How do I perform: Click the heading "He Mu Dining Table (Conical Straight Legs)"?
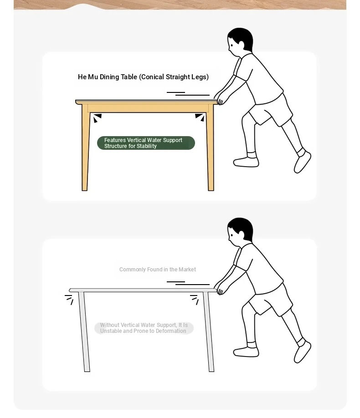point(143,77)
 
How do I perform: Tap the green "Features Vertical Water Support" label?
point(146,143)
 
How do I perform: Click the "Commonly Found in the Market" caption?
point(158,270)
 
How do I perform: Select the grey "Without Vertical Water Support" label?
point(144,328)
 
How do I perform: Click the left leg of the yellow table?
point(85,148)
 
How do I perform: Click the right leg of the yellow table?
point(210,148)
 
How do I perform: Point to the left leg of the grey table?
point(84,331)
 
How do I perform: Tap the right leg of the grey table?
point(209,331)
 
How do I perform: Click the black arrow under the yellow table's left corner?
point(97,117)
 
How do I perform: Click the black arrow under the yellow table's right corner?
point(200,117)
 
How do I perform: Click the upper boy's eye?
point(231,45)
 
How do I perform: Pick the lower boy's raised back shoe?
point(303,352)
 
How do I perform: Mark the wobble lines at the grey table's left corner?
point(69,299)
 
